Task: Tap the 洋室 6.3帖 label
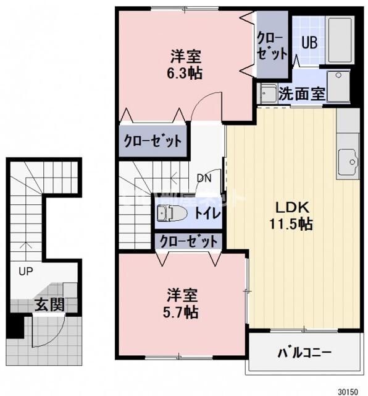[186, 64]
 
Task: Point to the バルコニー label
[304, 353]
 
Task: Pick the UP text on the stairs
[25, 271]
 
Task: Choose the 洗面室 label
[301, 94]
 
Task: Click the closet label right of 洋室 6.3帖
[272, 45]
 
